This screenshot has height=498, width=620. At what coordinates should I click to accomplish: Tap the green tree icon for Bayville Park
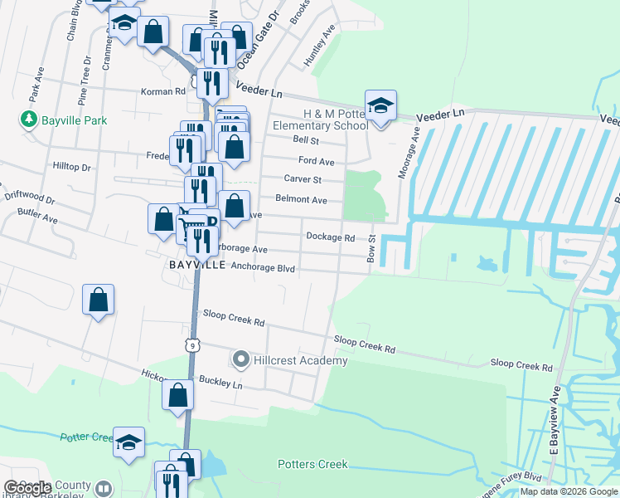(29, 120)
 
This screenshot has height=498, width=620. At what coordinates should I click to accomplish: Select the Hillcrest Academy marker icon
(241, 360)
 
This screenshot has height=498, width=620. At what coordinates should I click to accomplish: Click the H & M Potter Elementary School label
(323, 120)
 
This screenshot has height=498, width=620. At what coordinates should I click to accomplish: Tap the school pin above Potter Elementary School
(380, 106)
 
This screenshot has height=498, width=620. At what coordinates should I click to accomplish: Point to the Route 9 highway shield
(191, 344)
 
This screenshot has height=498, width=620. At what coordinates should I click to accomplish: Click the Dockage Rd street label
(330, 237)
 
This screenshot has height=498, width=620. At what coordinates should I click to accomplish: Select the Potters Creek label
(312, 464)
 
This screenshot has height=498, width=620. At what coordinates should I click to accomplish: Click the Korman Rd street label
(162, 91)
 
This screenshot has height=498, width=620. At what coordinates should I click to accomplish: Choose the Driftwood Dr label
(28, 199)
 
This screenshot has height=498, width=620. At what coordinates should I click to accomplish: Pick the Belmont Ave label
(302, 200)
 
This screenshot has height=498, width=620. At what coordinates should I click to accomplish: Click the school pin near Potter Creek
(129, 442)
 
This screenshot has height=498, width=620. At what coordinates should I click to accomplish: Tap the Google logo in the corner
(27, 488)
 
